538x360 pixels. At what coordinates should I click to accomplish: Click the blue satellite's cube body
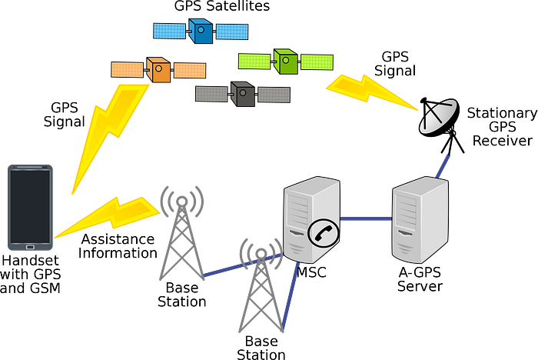point(201,32)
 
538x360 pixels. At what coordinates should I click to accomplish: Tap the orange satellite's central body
point(159,70)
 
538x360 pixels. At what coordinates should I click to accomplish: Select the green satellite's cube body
point(285,62)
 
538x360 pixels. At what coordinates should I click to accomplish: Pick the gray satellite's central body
point(243,94)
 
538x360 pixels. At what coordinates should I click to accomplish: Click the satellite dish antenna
point(437,116)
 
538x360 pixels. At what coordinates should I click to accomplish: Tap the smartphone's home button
point(31,247)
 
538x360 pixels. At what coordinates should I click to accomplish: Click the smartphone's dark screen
point(31,205)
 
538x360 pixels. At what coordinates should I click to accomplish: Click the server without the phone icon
point(420,220)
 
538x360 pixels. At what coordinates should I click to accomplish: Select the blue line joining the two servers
point(366,219)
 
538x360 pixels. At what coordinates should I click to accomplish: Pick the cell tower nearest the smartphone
point(182,231)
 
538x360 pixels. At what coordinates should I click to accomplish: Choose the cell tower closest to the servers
point(260,285)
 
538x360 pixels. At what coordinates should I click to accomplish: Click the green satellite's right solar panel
point(317,62)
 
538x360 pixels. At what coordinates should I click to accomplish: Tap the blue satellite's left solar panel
point(171,31)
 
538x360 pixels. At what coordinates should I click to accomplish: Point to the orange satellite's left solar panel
point(128,70)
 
